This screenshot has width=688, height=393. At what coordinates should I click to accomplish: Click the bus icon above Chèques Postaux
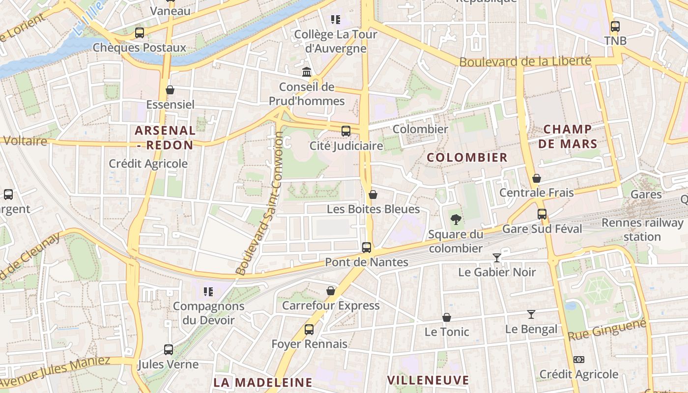140,33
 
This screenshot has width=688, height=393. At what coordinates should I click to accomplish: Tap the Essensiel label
170,104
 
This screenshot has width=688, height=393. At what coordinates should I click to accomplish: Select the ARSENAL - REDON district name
165,138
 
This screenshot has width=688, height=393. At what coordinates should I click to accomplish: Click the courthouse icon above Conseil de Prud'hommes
307,72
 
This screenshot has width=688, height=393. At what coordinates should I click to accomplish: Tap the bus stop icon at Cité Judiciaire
346,131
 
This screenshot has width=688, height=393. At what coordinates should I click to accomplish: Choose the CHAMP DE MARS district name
567,137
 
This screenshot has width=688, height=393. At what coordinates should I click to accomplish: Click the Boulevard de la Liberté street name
525,61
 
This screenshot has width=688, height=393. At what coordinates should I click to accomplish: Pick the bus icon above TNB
615,27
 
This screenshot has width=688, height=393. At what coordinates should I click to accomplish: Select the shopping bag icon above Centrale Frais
537,178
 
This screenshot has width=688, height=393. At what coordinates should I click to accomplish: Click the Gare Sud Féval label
542,229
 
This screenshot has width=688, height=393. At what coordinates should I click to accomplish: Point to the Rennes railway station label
642,229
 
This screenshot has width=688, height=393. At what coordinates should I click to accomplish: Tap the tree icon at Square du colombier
456,219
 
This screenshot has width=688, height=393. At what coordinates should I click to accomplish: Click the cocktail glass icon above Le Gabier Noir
497,257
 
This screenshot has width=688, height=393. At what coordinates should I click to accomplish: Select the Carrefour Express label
331,306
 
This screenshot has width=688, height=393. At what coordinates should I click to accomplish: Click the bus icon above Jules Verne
169,350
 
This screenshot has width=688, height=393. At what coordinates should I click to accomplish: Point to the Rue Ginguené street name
606,330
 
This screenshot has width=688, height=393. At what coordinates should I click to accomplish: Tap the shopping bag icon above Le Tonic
447,317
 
